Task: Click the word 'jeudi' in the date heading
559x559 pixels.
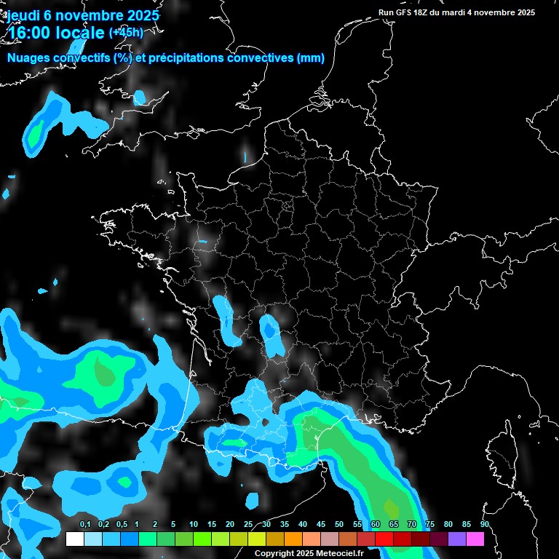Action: coord(23,15)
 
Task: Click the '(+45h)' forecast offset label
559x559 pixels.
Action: coord(127,33)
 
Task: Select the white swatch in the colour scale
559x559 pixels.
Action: coord(75,539)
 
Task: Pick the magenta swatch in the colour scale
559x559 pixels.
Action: coord(475,539)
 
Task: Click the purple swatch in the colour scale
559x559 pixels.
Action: coord(457,539)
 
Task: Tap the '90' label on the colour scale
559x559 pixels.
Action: coord(485,524)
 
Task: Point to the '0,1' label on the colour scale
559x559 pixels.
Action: coord(85,524)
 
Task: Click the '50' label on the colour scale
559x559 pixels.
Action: coord(339,524)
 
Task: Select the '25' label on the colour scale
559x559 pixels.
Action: coord(248,524)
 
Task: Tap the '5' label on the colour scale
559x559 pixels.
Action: coord(173,524)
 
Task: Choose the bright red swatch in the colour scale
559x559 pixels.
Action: coord(384,539)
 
